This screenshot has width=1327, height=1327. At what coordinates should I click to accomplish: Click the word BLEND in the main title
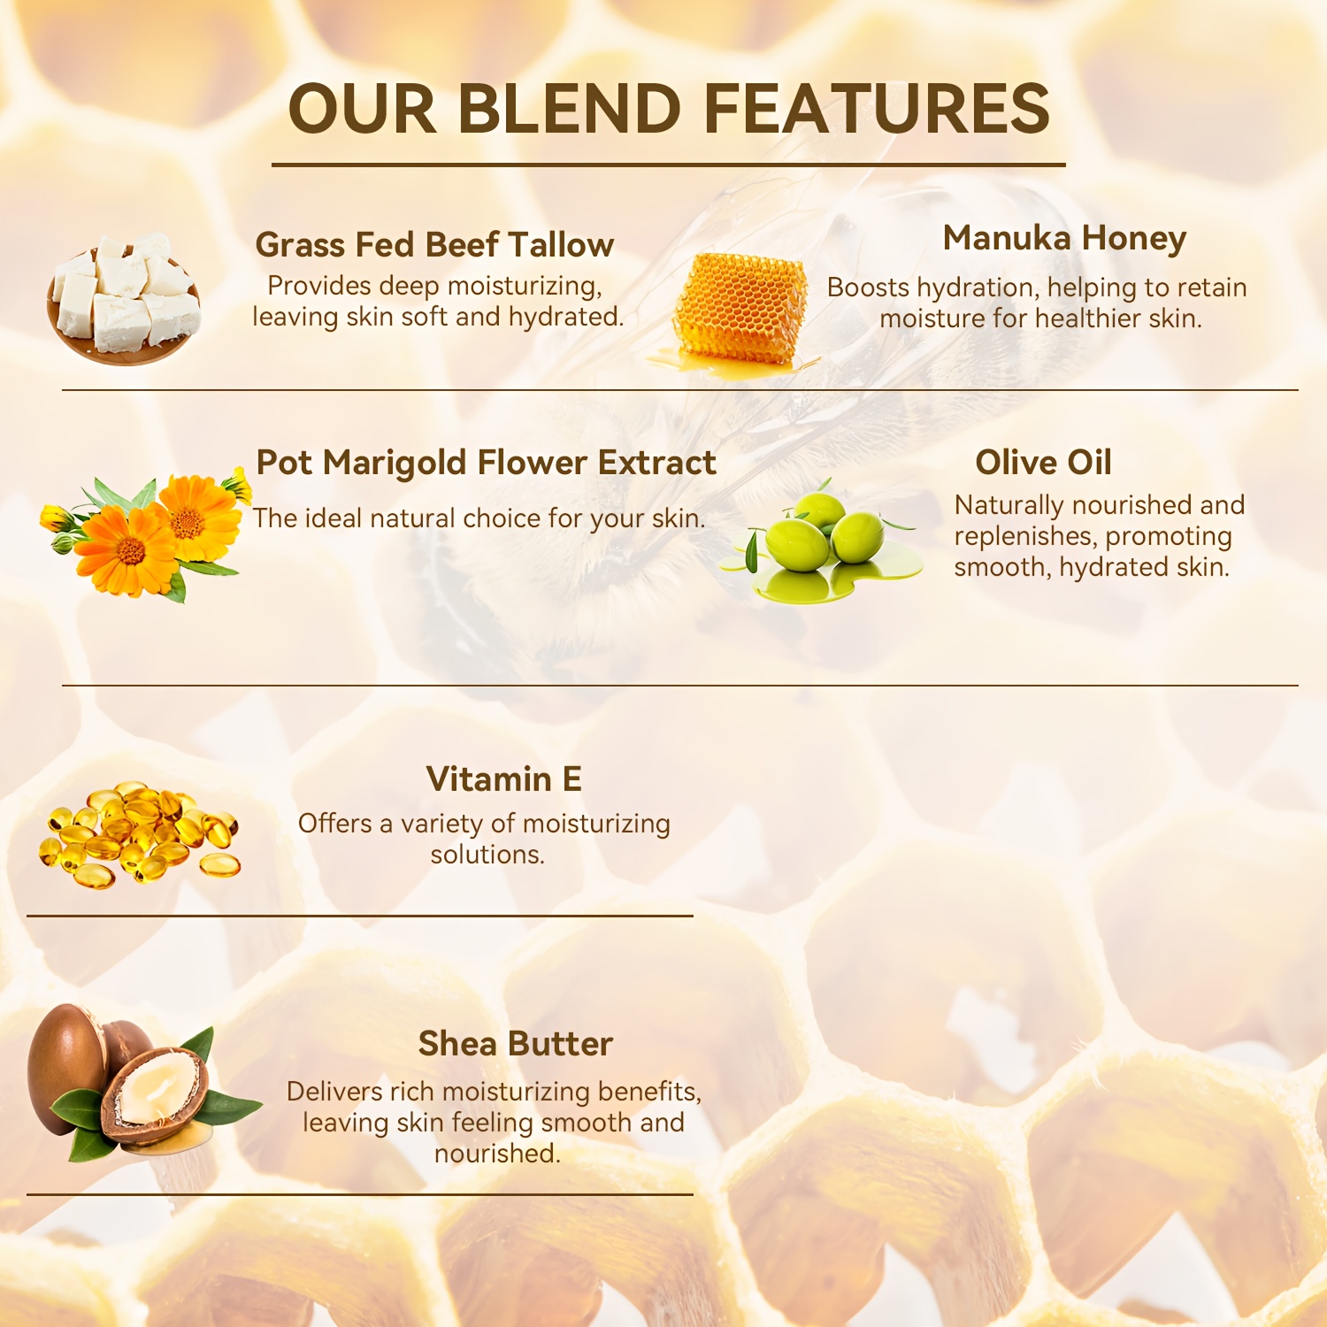click(x=569, y=109)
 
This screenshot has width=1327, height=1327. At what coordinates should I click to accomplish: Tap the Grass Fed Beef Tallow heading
click(x=434, y=244)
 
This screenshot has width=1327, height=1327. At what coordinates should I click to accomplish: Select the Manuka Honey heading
click(x=1064, y=239)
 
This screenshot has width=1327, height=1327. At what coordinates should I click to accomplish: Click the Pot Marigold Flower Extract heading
click(x=486, y=463)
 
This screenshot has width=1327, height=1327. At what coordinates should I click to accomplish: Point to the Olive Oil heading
click(x=1043, y=462)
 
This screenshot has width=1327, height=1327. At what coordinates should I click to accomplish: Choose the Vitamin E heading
click(x=503, y=779)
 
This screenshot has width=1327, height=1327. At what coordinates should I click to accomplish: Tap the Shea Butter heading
click(x=515, y=1044)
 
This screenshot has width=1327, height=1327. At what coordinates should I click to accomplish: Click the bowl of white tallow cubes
click(x=124, y=298)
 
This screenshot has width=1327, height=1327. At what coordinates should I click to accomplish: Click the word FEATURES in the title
click(x=877, y=109)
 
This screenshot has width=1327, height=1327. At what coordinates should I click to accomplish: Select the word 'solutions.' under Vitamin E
click(x=487, y=855)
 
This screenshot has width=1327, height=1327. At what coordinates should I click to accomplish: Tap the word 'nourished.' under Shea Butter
click(x=497, y=1154)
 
